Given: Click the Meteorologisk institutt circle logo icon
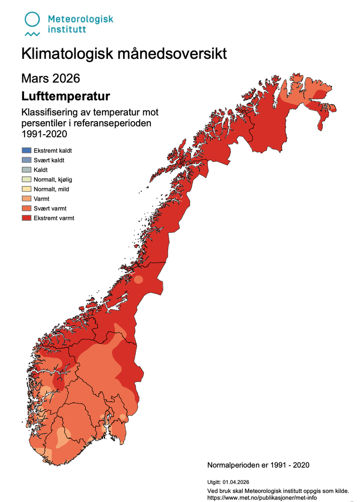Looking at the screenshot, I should [33, 19].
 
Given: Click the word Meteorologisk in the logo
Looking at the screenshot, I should [80, 19].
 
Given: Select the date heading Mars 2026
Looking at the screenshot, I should [50, 78].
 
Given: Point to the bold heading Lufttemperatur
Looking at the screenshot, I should [66, 95].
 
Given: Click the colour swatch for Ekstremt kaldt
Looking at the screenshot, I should [27, 151].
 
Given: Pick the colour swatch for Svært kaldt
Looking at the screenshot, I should [27, 160].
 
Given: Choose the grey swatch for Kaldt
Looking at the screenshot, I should [27, 170].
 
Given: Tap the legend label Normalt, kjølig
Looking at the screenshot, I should [56, 179].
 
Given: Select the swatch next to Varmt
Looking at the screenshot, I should [27, 199].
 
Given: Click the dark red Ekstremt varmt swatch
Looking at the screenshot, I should [27, 218].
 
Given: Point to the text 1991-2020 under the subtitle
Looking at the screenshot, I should [44, 134].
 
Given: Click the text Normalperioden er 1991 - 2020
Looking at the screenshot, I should [258, 465].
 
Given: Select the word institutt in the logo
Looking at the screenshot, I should [66, 30].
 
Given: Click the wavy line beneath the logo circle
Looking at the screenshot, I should [33, 34].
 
